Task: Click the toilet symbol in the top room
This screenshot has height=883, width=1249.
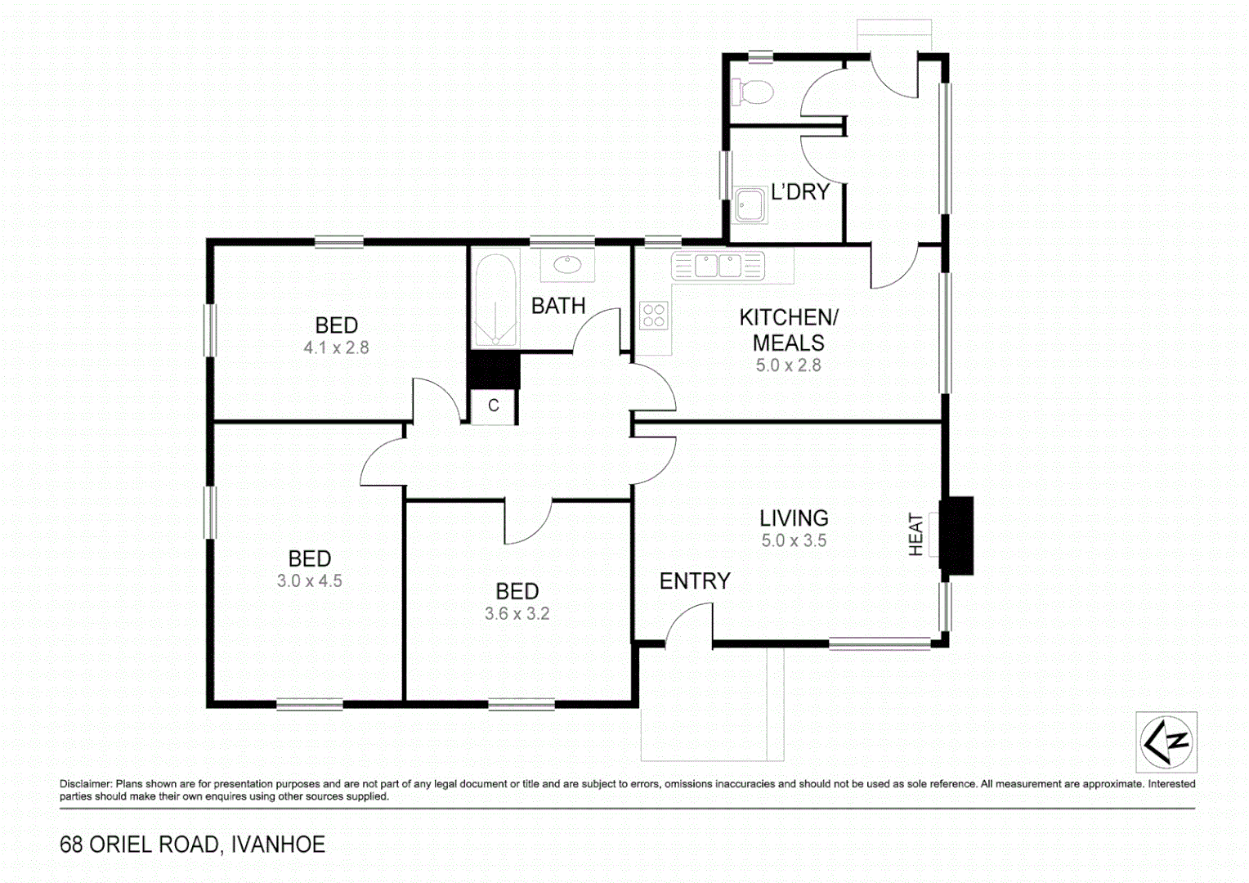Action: [x=753, y=92]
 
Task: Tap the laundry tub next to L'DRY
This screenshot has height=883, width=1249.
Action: [x=749, y=205]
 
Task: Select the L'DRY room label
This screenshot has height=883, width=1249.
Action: [x=800, y=192]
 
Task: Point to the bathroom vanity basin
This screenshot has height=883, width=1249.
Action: [x=567, y=265]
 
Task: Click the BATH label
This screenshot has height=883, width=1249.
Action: [x=558, y=306]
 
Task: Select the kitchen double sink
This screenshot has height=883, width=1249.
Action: [x=718, y=266]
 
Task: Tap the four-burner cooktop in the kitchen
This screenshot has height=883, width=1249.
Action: [x=654, y=316]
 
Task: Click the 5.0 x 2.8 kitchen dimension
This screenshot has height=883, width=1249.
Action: [x=788, y=365]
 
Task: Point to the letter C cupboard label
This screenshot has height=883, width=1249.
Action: [x=494, y=406]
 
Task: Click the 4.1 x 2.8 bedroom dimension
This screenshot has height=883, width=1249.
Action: [x=336, y=347]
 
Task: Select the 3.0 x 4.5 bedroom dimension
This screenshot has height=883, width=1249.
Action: [x=309, y=581]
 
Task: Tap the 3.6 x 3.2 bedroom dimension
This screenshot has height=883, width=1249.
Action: [x=517, y=614]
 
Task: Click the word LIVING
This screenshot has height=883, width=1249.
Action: [x=794, y=518]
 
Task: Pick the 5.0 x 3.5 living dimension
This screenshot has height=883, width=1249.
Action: [x=794, y=540]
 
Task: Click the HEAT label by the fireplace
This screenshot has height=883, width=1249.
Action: [x=915, y=535]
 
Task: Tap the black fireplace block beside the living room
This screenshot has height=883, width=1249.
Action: [x=956, y=536]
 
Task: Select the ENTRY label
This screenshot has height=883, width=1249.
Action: [x=695, y=581]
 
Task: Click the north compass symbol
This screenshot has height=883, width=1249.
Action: [x=1166, y=742]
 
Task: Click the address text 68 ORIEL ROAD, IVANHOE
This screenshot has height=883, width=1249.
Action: [x=193, y=845]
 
